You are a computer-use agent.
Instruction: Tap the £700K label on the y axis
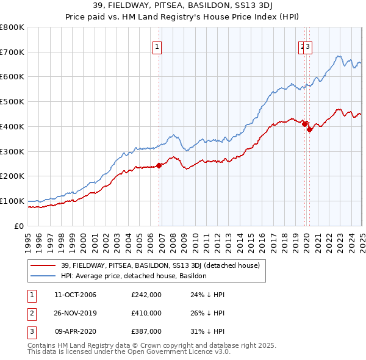point(12,52)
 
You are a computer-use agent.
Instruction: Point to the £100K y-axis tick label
point(12,201)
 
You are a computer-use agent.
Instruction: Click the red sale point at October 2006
point(159,165)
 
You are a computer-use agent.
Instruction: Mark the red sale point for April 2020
point(309,129)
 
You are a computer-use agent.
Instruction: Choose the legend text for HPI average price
point(134,276)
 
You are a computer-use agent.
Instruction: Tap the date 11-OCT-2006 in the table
point(75,295)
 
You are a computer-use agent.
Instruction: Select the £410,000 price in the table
point(146,313)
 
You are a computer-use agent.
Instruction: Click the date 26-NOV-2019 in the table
point(75,313)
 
